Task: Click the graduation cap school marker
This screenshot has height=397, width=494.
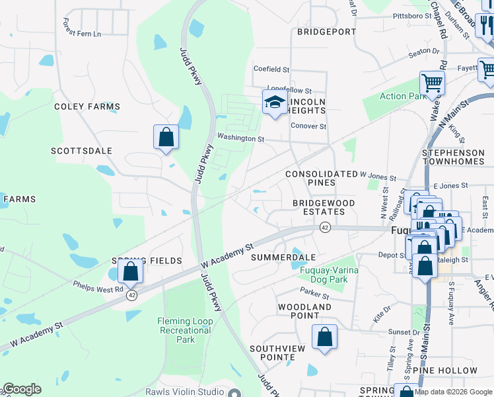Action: tap(275, 102)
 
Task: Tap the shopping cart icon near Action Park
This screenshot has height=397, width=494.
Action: tap(432, 83)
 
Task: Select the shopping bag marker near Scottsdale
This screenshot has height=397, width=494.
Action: tap(166, 137)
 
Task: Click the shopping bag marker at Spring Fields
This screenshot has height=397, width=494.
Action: tap(131, 271)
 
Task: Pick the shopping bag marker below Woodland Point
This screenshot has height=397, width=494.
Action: tap(324, 337)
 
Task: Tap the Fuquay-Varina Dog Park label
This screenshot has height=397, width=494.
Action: tap(324, 275)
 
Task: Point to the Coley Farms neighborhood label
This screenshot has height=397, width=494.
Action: tap(87, 107)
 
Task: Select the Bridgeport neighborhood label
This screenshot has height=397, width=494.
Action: tap(326, 32)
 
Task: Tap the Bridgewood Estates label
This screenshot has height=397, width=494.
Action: tap(324, 207)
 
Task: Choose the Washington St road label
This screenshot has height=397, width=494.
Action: tap(241, 139)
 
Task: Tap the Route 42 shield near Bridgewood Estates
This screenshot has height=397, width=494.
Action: tap(325, 227)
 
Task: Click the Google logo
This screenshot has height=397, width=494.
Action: tap(22, 389)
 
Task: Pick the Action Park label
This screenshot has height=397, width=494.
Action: tap(403, 97)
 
